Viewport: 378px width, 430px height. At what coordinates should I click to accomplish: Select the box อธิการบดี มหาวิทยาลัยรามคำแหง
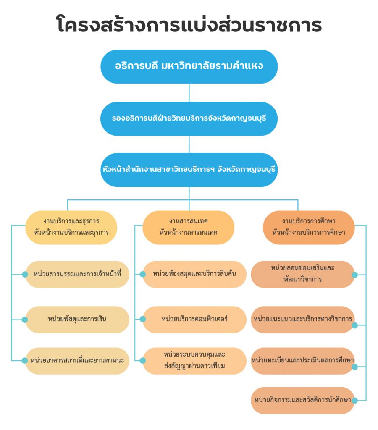tap(189, 67)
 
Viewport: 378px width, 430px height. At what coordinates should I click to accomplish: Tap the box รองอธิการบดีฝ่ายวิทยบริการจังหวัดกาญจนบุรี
tap(189, 119)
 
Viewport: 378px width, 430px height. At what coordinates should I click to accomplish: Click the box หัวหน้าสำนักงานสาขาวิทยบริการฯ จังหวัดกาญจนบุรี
tap(189, 170)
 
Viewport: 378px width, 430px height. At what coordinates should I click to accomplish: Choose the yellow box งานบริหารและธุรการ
tap(71, 227)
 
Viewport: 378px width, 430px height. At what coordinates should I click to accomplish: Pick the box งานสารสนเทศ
tap(189, 227)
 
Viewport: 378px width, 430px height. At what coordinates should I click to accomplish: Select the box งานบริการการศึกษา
tap(309, 227)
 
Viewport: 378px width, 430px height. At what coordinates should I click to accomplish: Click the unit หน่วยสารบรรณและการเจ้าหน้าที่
tap(77, 274)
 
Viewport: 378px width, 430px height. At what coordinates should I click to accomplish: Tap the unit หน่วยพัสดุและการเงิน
tap(77, 320)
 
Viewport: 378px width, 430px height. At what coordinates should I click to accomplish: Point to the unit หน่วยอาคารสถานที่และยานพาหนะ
tap(77, 361)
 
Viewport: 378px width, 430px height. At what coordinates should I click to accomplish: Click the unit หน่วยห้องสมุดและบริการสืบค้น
tap(194, 274)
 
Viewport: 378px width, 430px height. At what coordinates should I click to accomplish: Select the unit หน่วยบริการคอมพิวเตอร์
tap(194, 320)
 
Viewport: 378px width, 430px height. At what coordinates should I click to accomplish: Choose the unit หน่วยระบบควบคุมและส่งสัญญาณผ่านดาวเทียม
tap(194, 361)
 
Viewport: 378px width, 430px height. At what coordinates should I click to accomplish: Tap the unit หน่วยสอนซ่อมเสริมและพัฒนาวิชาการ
tap(303, 274)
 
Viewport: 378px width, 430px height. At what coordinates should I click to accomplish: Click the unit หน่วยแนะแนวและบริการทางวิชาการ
tap(303, 320)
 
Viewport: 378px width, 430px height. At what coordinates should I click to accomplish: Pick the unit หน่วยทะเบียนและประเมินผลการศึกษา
tap(303, 361)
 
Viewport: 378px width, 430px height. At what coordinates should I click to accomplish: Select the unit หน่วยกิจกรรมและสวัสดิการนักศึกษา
tap(303, 400)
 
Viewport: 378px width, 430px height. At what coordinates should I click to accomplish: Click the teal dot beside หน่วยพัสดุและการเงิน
tap(25, 320)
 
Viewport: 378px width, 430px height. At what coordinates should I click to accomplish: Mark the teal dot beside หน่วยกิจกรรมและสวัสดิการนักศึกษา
tap(354, 401)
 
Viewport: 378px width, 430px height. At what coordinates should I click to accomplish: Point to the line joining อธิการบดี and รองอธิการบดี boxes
tap(189, 93)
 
